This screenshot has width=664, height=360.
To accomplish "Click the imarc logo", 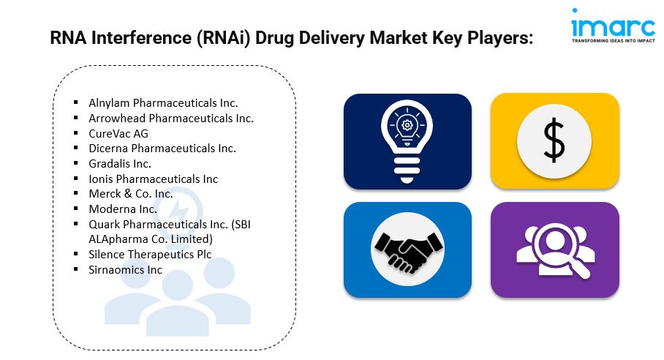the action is pyautogui.click(x=613, y=26).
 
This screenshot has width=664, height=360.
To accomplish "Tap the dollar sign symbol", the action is pyautogui.click(x=554, y=140).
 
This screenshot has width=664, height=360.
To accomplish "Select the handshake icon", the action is pyautogui.click(x=407, y=251).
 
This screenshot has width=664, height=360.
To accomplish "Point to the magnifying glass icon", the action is pyautogui.click(x=555, y=250).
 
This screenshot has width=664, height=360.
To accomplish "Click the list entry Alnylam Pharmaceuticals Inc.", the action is pyautogui.click(x=163, y=103).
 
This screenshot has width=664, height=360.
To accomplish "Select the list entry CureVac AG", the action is pyautogui.click(x=118, y=133).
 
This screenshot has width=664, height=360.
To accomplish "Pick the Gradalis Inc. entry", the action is pyautogui.click(x=120, y=163).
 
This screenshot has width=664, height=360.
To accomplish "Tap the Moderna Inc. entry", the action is pyautogui.click(x=123, y=209).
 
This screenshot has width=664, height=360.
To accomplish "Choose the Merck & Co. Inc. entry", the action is pyautogui.click(x=131, y=194).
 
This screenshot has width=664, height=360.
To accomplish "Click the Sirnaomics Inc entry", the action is pyautogui.click(x=125, y=270).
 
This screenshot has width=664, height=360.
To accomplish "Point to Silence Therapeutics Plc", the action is pyautogui.click(x=150, y=254).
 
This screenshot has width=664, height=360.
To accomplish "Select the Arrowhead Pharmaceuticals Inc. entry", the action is pyautogui.click(x=171, y=118).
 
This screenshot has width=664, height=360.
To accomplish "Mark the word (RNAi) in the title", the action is pyautogui.click(x=224, y=38).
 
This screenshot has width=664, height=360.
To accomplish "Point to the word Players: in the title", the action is pyautogui.click(x=500, y=38).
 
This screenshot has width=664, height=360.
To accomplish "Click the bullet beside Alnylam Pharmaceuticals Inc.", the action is pyautogui.click(x=76, y=102).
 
